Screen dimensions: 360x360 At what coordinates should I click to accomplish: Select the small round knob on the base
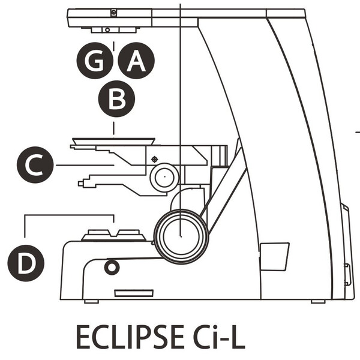(112, 267)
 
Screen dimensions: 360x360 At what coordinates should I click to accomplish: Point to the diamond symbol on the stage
(155, 160)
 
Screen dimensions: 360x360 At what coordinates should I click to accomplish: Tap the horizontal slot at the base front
(133, 293)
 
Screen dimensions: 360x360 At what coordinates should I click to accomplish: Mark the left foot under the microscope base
(91, 301)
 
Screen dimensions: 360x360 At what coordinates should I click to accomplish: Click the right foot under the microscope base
(317, 301)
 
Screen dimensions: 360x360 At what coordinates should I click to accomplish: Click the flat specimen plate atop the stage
(113, 141)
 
